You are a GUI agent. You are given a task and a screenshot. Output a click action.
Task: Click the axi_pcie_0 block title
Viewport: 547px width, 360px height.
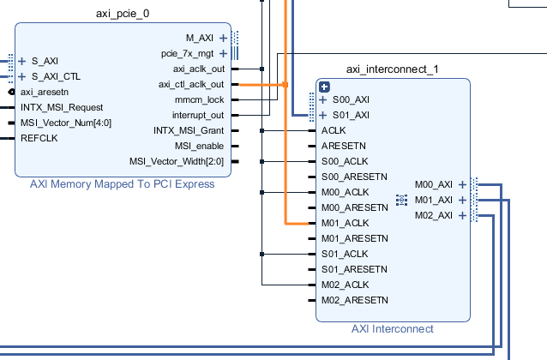click(x=123, y=14)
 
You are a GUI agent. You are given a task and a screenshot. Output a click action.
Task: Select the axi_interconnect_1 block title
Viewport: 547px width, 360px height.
click(x=393, y=69)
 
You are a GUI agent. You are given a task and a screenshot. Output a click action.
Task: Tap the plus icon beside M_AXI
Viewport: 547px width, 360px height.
click(x=223, y=38)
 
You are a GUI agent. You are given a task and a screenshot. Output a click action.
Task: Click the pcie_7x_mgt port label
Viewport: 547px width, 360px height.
click(x=187, y=54)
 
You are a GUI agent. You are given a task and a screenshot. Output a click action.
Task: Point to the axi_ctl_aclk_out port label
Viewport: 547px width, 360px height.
click(x=191, y=84)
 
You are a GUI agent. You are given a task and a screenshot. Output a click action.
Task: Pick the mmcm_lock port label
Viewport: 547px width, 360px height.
click(x=200, y=99)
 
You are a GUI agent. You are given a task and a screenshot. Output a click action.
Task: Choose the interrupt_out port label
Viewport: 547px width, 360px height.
click(x=198, y=115)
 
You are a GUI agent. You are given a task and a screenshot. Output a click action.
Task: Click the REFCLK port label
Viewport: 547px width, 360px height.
click(x=39, y=138)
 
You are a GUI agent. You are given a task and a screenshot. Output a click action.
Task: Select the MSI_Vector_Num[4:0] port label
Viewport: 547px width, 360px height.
click(x=66, y=123)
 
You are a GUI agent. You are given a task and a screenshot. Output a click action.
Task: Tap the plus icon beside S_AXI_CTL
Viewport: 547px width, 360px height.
click(x=22, y=76)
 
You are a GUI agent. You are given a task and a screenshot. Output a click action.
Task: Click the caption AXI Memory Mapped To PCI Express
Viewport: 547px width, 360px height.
click(x=122, y=183)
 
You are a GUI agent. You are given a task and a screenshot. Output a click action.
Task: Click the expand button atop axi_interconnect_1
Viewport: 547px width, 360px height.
click(x=324, y=87)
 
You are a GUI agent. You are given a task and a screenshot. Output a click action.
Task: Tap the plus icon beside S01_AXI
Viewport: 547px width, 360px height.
click(x=323, y=115)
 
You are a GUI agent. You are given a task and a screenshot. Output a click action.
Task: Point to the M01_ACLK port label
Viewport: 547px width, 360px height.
click(x=345, y=223)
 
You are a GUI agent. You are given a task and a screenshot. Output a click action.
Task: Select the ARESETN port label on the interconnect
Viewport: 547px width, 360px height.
click(x=344, y=146)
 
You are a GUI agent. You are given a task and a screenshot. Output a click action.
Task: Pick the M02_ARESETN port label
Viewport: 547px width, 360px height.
click(x=355, y=300)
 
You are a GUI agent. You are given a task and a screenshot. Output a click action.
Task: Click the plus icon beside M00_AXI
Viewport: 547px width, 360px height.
click(x=463, y=184)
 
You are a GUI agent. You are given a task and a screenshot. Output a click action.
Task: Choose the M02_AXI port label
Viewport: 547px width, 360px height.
click(x=434, y=215)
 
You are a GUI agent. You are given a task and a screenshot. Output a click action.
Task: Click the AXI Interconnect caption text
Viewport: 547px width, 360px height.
click(x=393, y=328)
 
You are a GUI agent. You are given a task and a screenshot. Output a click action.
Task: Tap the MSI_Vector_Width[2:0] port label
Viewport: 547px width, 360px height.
click(x=177, y=161)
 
